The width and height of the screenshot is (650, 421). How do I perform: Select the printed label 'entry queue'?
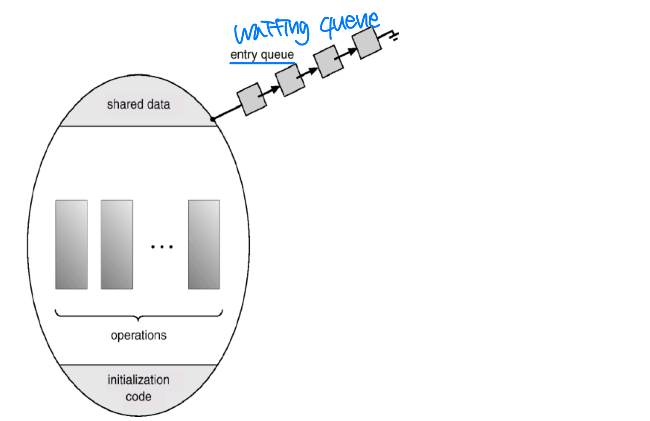[262, 55]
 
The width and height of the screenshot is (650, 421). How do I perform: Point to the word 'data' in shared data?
[158, 104]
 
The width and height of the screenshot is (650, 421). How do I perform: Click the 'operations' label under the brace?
[139, 335]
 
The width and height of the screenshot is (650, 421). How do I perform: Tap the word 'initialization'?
[138, 380]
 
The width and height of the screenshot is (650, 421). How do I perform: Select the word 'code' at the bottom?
[139, 397]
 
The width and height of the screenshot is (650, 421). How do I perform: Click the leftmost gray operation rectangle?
[72, 244]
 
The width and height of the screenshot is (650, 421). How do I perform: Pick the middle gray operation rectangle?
[117, 244]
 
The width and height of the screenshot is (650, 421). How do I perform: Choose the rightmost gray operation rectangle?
[204, 244]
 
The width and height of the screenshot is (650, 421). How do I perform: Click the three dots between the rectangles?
[162, 247]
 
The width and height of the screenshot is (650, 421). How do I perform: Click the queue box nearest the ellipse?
[252, 99]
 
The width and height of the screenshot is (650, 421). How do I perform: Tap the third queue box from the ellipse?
[328, 61]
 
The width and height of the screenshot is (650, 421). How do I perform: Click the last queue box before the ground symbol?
[367, 43]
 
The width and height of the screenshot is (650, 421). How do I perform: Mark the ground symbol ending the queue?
[394, 36]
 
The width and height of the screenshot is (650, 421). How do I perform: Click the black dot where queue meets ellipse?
[213, 119]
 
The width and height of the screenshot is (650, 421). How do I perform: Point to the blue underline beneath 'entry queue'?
[262, 64]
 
